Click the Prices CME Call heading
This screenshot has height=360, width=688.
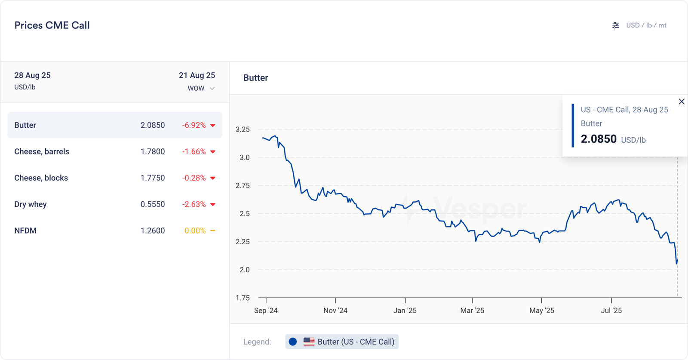[x=52, y=25]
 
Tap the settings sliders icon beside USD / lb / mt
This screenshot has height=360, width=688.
[x=616, y=25]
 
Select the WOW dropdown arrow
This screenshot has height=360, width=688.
[x=212, y=89]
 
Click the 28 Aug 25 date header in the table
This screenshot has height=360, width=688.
[x=32, y=75]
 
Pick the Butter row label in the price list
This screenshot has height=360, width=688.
[x=25, y=125]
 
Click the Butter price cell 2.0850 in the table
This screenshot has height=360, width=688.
[x=153, y=125]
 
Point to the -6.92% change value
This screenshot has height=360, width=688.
[x=194, y=125]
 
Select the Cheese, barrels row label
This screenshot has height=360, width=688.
[x=42, y=151]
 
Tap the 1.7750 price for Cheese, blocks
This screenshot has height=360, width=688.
[x=153, y=178]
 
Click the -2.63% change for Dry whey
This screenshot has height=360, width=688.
[x=194, y=204]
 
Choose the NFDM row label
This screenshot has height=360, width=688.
[x=25, y=231]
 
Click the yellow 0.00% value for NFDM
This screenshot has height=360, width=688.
[x=195, y=231]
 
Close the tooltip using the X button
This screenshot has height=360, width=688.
[x=682, y=102]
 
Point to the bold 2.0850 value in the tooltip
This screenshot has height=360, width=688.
[x=599, y=139]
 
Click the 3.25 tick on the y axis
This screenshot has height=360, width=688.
[x=243, y=129]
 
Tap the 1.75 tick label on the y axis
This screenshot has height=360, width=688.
[x=243, y=298]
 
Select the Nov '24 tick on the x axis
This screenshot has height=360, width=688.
[x=335, y=311]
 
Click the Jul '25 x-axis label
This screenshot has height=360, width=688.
[x=611, y=311]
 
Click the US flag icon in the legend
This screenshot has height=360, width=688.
[x=309, y=342]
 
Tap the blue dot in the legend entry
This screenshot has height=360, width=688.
[x=293, y=342]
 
